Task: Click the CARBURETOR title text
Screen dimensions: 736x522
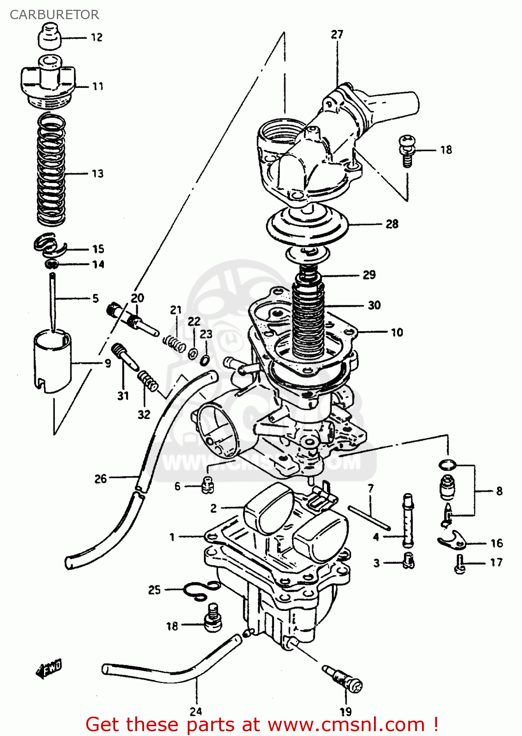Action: [x=54, y=15]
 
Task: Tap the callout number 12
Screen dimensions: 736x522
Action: [x=97, y=37]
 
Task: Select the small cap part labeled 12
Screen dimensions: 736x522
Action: [x=49, y=38]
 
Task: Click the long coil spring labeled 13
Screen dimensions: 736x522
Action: [x=51, y=169]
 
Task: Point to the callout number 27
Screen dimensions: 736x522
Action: [x=337, y=34]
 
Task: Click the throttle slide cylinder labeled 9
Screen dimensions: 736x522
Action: [x=52, y=362]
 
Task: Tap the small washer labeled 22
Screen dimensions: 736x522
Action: [x=193, y=352]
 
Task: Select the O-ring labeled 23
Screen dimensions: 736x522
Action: [x=205, y=361]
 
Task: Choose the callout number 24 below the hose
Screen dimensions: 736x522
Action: [x=196, y=711]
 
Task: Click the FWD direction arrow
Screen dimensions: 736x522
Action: [x=49, y=669]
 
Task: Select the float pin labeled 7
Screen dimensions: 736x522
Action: [x=370, y=518]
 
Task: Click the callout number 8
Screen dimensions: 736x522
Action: [x=499, y=491]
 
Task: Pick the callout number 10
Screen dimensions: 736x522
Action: [x=397, y=332]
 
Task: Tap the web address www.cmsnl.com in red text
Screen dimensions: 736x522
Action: [x=346, y=724]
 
